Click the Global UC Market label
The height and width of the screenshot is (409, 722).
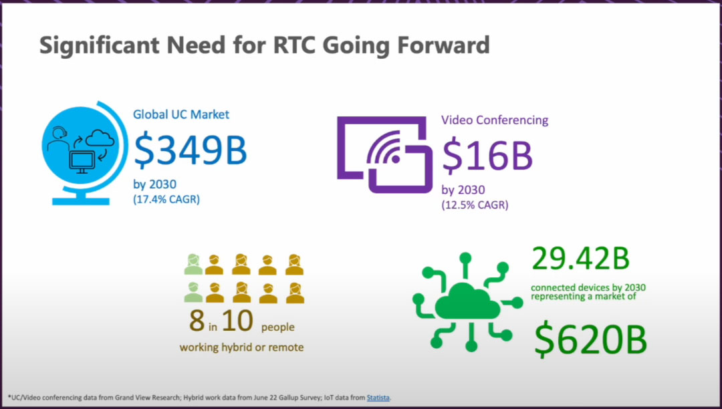click(x=181, y=114)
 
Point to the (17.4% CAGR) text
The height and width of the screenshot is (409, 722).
click(x=166, y=200)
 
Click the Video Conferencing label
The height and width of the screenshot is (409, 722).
click(x=495, y=120)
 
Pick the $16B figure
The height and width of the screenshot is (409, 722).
click(x=487, y=156)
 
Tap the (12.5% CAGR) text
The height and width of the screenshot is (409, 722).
click(x=475, y=204)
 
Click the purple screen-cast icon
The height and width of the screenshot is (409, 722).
click(x=385, y=154)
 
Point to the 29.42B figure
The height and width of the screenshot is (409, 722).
click(x=580, y=258)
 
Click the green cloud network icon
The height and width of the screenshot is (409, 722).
click(x=468, y=302)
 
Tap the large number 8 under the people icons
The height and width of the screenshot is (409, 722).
click(x=197, y=320)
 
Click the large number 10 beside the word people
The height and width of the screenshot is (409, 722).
click(x=237, y=320)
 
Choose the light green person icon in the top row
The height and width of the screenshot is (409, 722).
click(x=193, y=265)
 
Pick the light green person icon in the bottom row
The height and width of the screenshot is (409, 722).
click(x=193, y=292)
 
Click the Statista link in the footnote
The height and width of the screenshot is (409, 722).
click(x=378, y=398)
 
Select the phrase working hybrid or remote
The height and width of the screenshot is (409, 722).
click(x=241, y=347)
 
